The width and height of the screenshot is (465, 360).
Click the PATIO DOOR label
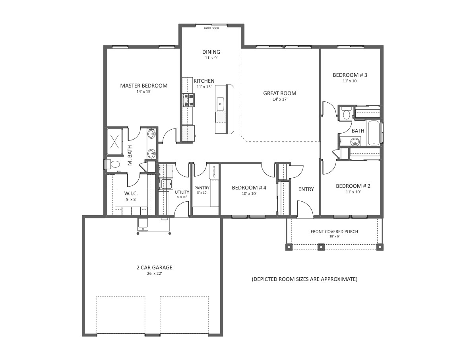click(211, 28)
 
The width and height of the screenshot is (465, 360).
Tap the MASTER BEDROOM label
click(144, 86)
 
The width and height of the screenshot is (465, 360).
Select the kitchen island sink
click(220, 104)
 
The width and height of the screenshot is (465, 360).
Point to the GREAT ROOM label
click(280, 93)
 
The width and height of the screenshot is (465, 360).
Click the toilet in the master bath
click(113, 164)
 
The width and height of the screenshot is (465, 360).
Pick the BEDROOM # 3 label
click(350, 75)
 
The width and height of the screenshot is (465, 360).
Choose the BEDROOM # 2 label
click(353, 186)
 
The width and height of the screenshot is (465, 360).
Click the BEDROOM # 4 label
click(249, 188)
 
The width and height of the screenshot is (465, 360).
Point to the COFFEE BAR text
click(214, 171)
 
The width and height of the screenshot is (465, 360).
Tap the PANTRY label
click(201, 188)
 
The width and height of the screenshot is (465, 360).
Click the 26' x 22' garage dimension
click(154, 274)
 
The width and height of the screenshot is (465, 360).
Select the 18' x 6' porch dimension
click(334, 237)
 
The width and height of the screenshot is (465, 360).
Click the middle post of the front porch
click(321, 247)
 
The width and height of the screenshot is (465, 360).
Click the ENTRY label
click(306, 189)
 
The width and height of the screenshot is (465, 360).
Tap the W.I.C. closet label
click(131, 193)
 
